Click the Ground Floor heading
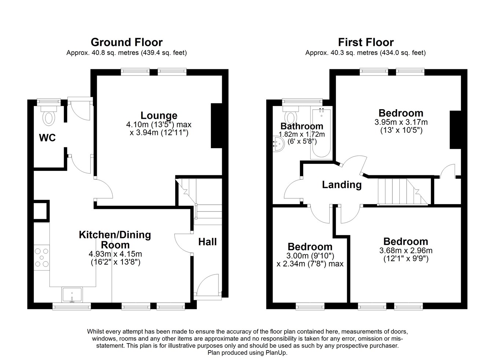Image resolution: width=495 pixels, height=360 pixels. click(x=126, y=42)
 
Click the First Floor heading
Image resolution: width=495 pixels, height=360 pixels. click(x=366, y=42)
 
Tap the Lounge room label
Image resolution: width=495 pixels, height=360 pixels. click(x=159, y=115)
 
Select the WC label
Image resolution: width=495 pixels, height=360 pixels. click(x=48, y=138)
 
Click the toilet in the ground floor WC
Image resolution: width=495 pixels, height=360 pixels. click(x=48, y=116)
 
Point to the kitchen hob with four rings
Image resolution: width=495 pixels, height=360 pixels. click(x=41, y=257)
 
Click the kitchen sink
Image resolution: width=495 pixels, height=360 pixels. click(x=72, y=295)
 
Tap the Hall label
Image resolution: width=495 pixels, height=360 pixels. click(x=208, y=242)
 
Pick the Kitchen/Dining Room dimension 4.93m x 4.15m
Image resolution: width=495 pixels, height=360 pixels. click(x=115, y=254)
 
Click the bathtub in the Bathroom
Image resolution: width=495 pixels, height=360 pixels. click(x=321, y=133)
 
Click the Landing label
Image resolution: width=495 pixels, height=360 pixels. click(x=342, y=185)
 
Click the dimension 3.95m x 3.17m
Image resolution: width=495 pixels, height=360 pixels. click(x=401, y=122)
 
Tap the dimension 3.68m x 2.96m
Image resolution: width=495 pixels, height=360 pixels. click(x=406, y=251)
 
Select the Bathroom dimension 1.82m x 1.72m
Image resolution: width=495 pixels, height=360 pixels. click(x=302, y=135)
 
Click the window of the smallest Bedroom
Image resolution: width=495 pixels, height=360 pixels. click(x=310, y=306)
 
